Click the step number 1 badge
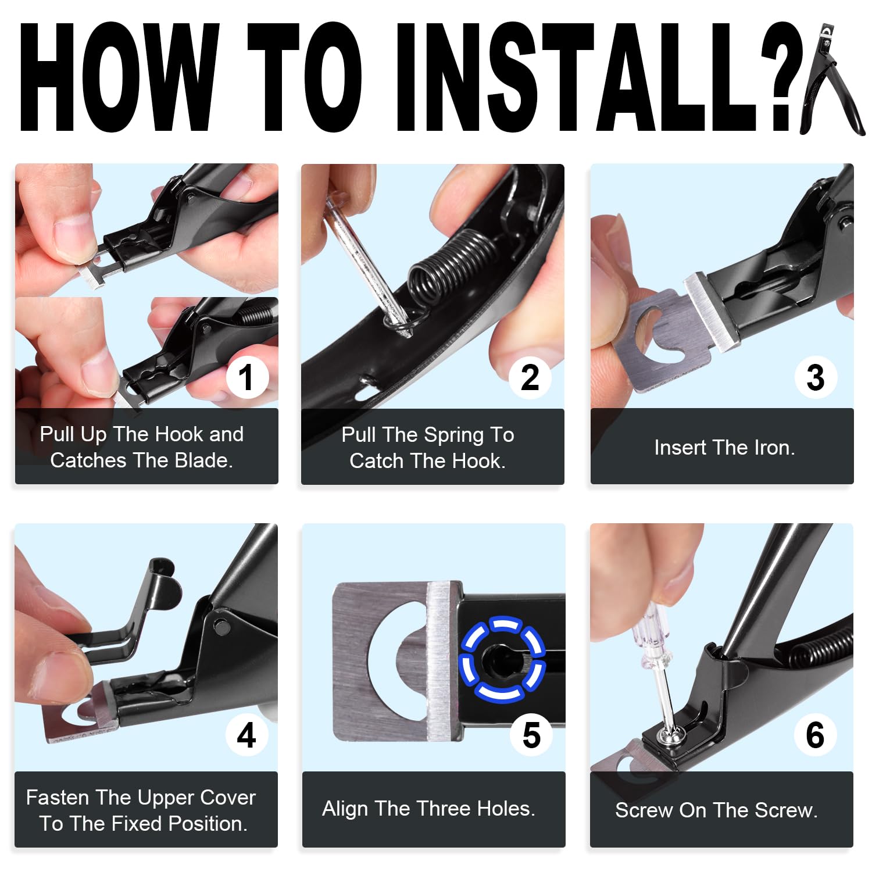click(x=246, y=377)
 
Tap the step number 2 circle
click(x=530, y=377)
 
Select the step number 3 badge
click(x=816, y=377)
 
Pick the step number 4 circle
click(x=246, y=735)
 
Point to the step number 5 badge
click(x=531, y=735)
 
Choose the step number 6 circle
click(x=815, y=735)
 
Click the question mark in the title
click(x=782, y=77)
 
